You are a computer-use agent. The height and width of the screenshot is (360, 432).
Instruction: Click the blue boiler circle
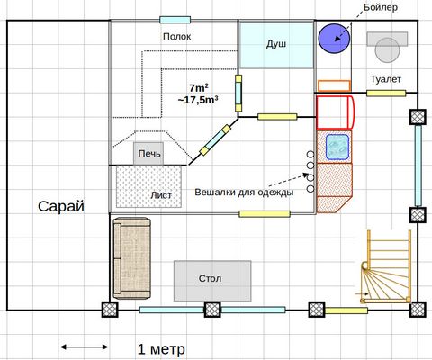pos(334,39)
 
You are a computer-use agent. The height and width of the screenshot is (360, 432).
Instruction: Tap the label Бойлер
pos(381,7)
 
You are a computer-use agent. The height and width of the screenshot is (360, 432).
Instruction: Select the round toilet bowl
pos(387,50)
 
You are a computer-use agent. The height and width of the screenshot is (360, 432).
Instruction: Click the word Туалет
pos(385,79)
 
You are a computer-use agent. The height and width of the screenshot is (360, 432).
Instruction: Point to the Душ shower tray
pos(276,45)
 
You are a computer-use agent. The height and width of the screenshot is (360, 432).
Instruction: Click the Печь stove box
pos(148,154)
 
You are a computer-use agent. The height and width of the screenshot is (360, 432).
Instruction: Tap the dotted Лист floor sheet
pos(148,186)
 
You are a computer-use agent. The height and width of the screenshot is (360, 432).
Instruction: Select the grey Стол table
pos(212,281)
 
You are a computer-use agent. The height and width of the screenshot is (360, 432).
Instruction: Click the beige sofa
pos(131,258)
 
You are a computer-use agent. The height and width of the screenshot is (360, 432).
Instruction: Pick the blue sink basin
pos(337,147)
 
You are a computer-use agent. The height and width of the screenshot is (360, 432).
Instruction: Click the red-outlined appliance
pos(336,112)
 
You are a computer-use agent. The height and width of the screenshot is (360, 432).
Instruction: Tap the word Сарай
pos(61,206)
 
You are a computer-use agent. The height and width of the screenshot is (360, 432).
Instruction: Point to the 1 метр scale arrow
pos(85,347)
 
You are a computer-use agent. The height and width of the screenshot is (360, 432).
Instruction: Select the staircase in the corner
pos(386,266)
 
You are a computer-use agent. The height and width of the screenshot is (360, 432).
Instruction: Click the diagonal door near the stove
pos(215,140)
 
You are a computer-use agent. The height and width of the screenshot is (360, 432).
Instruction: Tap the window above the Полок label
pos(175,20)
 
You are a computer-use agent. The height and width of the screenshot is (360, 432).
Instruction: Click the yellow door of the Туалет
pos(386,94)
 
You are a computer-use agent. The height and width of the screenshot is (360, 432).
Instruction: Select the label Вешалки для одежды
pos(244,192)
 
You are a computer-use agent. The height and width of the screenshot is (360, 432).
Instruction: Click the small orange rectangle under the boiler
pos(334,85)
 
